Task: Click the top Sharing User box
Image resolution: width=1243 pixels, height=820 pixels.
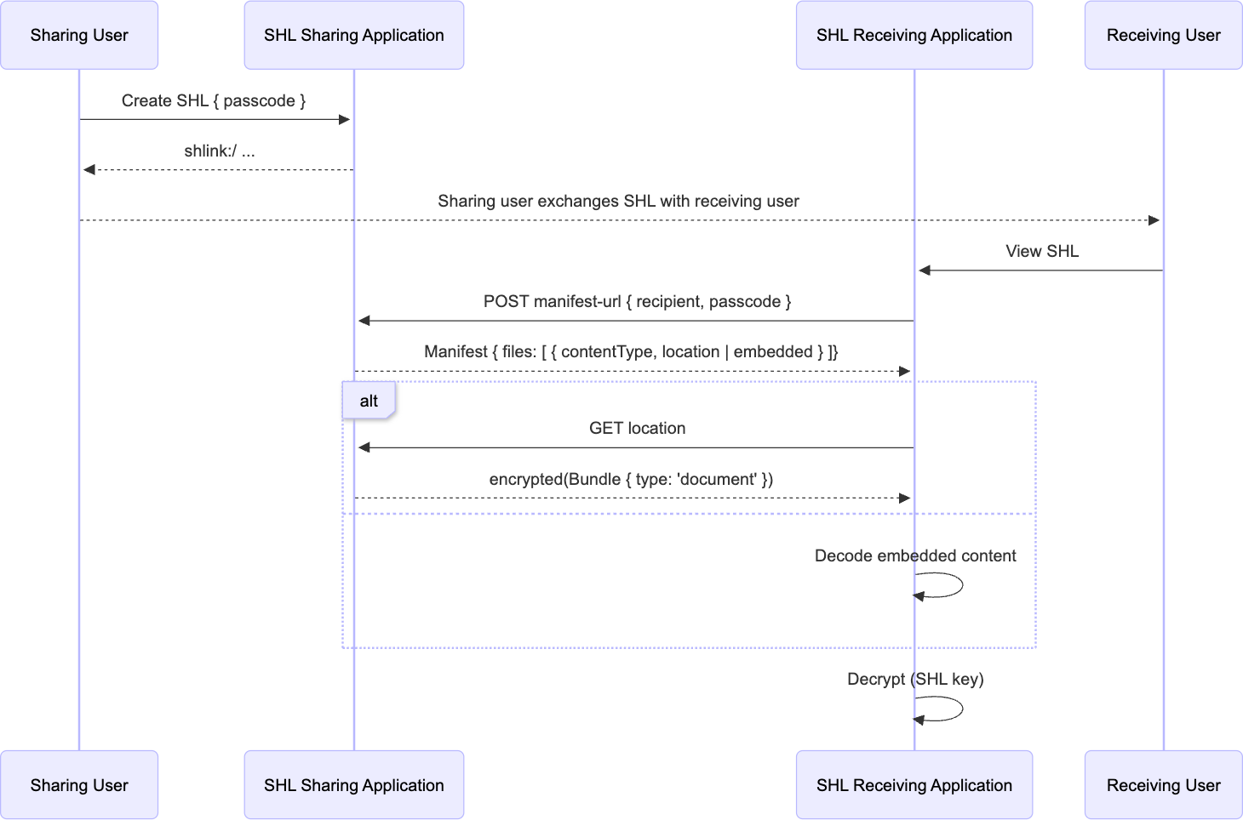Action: (x=79, y=35)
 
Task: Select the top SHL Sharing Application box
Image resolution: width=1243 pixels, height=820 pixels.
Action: (x=353, y=35)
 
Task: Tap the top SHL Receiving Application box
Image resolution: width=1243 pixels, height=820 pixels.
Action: (x=914, y=35)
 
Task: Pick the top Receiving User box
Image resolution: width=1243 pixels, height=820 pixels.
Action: (x=1163, y=35)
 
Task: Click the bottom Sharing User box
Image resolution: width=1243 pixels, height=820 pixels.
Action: (x=79, y=785)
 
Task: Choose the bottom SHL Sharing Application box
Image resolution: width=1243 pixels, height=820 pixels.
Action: (x=353, y=785)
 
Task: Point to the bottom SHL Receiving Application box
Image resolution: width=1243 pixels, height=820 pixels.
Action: (x=914, y=785)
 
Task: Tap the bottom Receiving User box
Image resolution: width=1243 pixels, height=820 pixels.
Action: (x=1163, y=785)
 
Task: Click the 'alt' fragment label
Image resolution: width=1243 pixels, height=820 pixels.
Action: (x=369, y=401)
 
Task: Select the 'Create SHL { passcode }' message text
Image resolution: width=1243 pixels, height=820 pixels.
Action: (x=214, y=100)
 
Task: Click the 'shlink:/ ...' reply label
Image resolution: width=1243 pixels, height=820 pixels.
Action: (x=220, y=151)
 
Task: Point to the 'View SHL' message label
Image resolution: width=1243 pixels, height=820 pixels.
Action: (x=1042, y=251)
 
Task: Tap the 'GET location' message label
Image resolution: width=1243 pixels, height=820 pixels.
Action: (x=637, y=428)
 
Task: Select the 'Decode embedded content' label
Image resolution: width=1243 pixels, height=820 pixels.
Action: (x=915, y=555)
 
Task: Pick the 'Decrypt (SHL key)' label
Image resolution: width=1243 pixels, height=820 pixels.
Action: (x=915, y=679)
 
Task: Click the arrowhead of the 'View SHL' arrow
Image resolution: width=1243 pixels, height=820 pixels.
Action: (x=925, y=270)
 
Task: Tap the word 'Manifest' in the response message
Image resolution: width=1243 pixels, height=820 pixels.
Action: (x=455, y=351)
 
